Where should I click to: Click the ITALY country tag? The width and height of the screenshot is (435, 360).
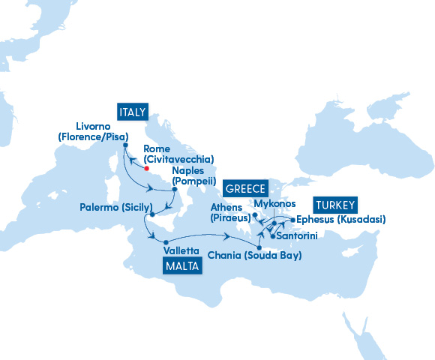[132, 112]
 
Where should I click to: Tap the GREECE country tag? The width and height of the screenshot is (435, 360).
[244, 188]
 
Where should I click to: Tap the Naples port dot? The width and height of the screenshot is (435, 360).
[174, 189]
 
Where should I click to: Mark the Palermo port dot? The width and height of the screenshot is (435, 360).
[152, 215]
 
